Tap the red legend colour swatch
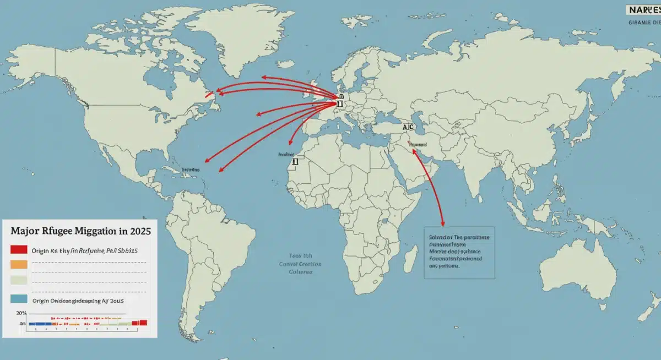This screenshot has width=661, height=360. [19, 249]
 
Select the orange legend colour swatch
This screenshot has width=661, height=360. [19, 264]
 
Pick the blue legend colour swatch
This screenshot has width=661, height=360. [19, 299]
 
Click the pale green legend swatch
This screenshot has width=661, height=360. [19, 280]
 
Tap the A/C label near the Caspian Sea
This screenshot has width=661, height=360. [408, 127]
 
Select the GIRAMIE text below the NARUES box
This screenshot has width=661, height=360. [643, 23]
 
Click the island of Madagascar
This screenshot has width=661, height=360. [409, 257]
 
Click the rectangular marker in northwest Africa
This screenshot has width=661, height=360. [295, 161]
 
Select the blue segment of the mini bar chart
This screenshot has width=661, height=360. [40, 324]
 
